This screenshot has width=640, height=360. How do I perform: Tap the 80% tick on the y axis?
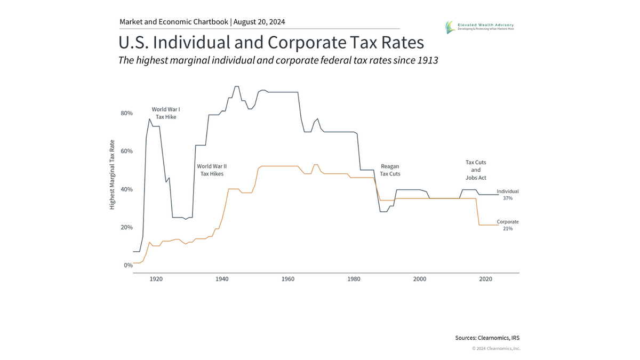126,113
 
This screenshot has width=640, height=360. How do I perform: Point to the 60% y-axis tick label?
126,151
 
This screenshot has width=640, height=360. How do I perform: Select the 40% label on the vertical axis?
126,189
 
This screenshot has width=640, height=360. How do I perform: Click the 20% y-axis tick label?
126,227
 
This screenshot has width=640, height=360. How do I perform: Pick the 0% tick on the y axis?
128,265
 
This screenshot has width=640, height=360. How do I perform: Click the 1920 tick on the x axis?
156,279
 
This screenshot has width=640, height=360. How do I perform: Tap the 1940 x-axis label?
222,279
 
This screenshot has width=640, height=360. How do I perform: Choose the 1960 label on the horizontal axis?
288,279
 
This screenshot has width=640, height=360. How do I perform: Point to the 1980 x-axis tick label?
354,279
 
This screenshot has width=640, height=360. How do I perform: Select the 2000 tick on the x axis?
420,279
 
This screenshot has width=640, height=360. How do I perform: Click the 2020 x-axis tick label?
485,279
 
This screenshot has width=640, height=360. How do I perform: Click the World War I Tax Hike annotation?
166,113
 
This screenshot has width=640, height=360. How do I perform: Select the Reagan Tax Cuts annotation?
390,170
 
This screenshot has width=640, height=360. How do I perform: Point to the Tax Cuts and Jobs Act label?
476,170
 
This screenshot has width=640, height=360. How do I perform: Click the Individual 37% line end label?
507,195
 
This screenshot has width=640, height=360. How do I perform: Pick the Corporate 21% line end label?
507,225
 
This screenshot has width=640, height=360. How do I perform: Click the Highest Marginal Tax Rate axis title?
113,174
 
